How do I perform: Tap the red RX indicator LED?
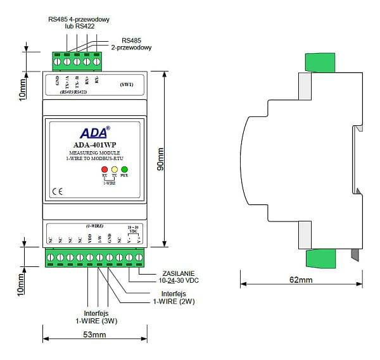(105, 170)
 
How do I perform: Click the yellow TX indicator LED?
(115, 170)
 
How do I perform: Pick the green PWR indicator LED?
(124, 170)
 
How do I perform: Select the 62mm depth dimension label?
(301, 280)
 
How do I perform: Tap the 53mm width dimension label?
(94, 334)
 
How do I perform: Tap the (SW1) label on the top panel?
(126, 84)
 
